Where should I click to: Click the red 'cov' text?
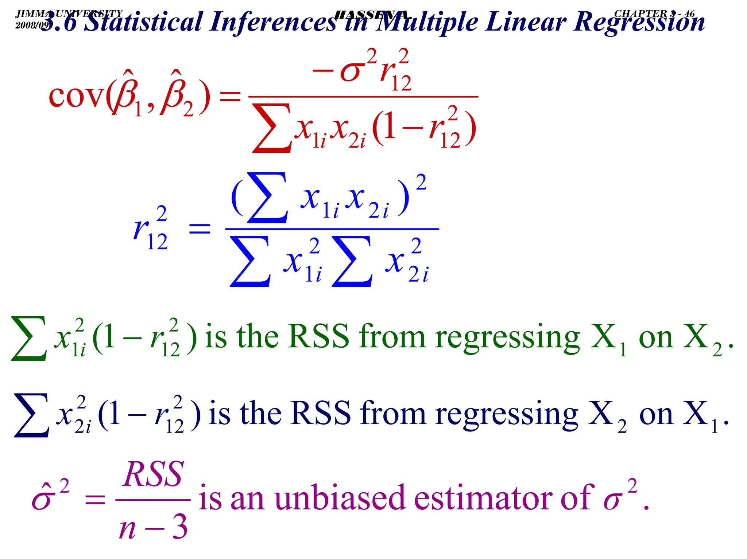77,97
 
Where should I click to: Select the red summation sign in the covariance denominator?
272,128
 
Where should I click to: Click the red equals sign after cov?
230,97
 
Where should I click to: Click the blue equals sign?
200,229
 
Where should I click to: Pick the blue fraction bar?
332,229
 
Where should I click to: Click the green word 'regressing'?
507,339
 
